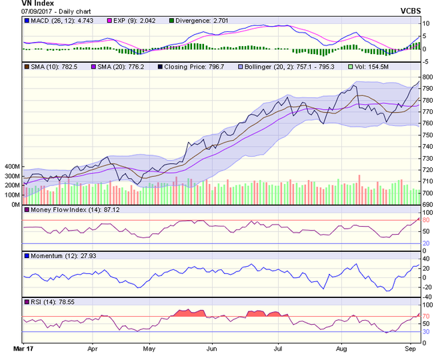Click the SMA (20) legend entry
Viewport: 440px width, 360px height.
coord(123,67)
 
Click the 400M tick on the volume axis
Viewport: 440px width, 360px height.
coord(11,167)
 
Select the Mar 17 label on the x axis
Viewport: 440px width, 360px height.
coord(24,349)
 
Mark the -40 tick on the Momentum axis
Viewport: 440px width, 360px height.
coord(428,297)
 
